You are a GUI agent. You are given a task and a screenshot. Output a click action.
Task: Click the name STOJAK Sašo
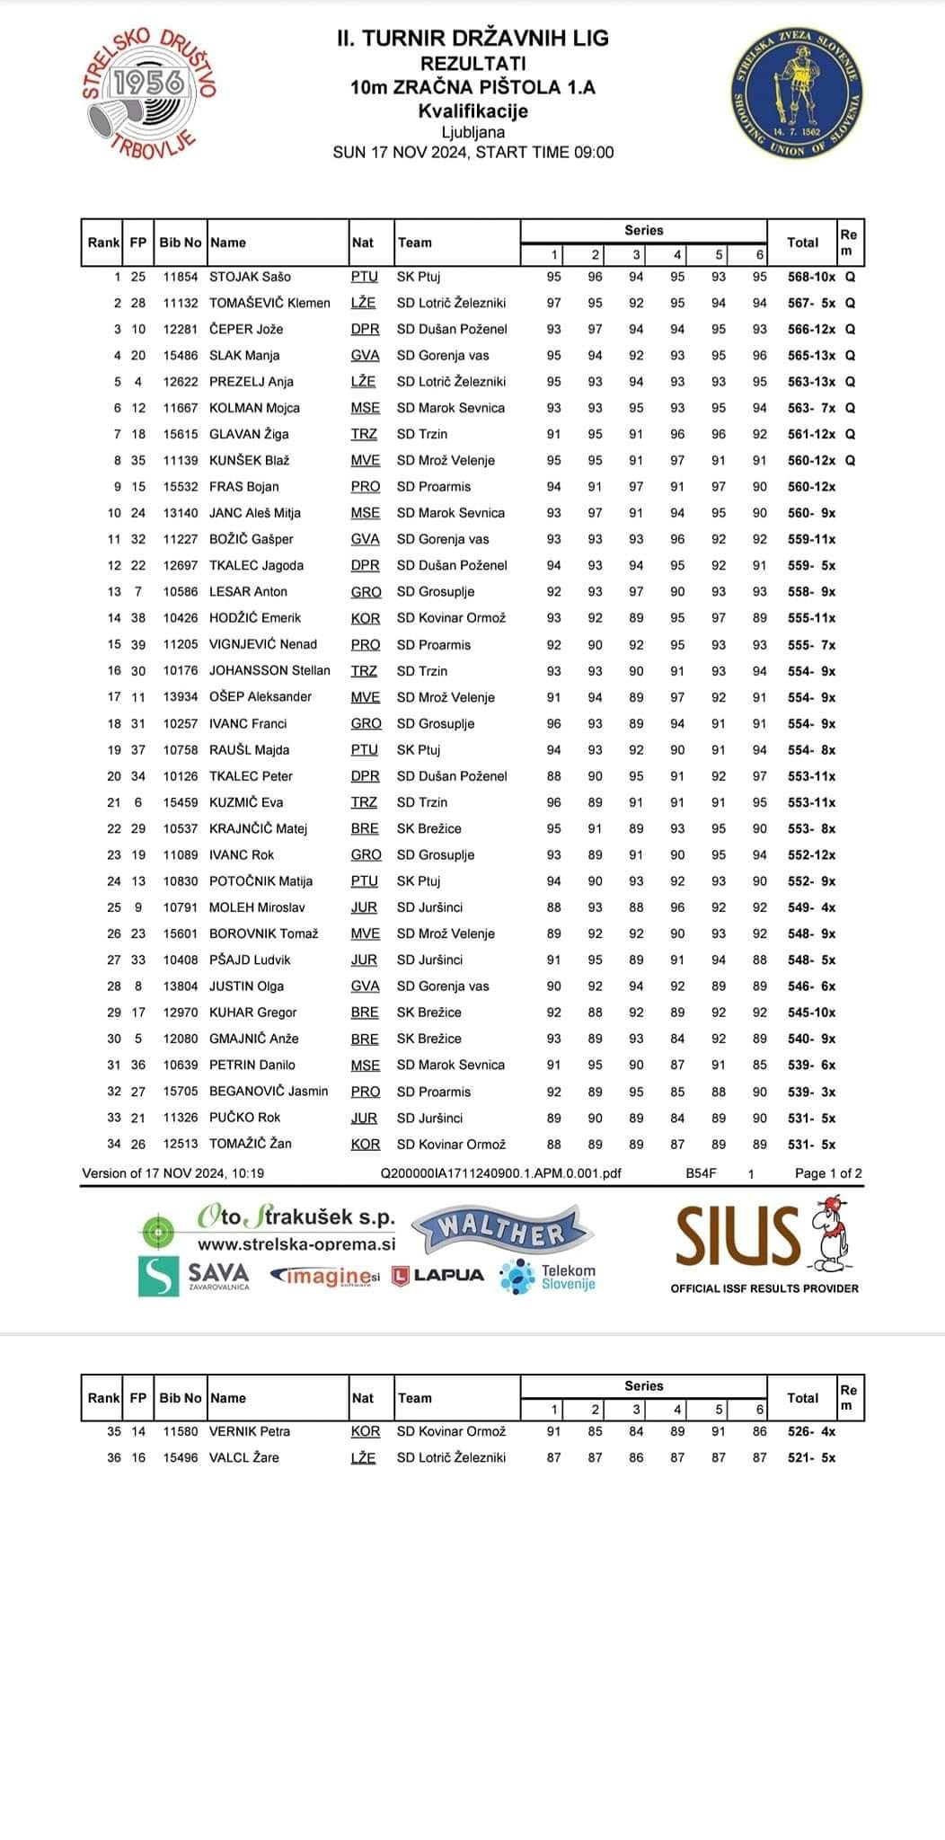tap(250, 277)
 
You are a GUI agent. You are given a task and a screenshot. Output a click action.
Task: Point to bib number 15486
tap(181, 355)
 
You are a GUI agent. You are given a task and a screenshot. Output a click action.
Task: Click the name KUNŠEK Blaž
tap(249, 460)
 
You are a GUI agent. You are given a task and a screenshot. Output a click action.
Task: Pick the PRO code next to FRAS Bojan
tap(366, 486)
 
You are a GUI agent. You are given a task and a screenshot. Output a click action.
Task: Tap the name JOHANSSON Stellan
tap(269, 670)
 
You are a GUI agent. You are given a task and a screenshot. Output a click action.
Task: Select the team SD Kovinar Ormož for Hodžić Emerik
tap(451, 618)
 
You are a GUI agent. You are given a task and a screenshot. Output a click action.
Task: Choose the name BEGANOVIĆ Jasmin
tap(269, 1091)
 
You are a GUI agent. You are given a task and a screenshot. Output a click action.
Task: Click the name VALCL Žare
tap(243, 1457)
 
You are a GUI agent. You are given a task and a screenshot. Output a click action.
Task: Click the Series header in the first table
tap(643, 230)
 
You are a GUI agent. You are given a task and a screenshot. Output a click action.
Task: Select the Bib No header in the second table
tap(181, 1398)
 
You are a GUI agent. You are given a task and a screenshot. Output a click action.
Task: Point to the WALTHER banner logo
tap(500, 1231)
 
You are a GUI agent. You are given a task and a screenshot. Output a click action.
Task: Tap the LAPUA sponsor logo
tap(438, 1275)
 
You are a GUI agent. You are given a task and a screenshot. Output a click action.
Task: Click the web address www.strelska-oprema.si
tap(296, 1244)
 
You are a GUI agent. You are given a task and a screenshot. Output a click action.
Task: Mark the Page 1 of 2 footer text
tap(828, 1172)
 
